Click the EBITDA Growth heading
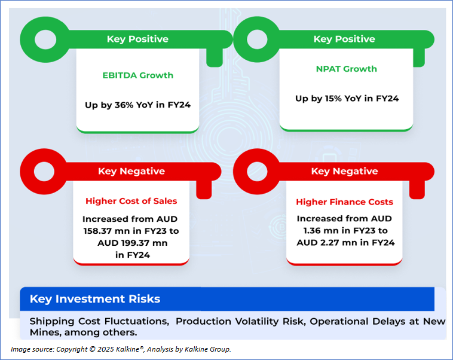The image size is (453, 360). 138,75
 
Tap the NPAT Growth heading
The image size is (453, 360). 347,69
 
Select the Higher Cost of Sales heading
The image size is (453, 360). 131,201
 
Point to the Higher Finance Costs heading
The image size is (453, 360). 344,202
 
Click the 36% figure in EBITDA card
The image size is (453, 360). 124,105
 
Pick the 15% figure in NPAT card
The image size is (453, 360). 333,99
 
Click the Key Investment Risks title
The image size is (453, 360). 95,299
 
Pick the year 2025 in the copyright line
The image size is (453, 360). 105,349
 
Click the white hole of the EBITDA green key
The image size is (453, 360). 45,39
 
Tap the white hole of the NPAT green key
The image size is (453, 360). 257,39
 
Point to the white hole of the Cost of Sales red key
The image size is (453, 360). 44,172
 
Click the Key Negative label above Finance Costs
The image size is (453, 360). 344,171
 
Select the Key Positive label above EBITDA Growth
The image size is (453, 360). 137,39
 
